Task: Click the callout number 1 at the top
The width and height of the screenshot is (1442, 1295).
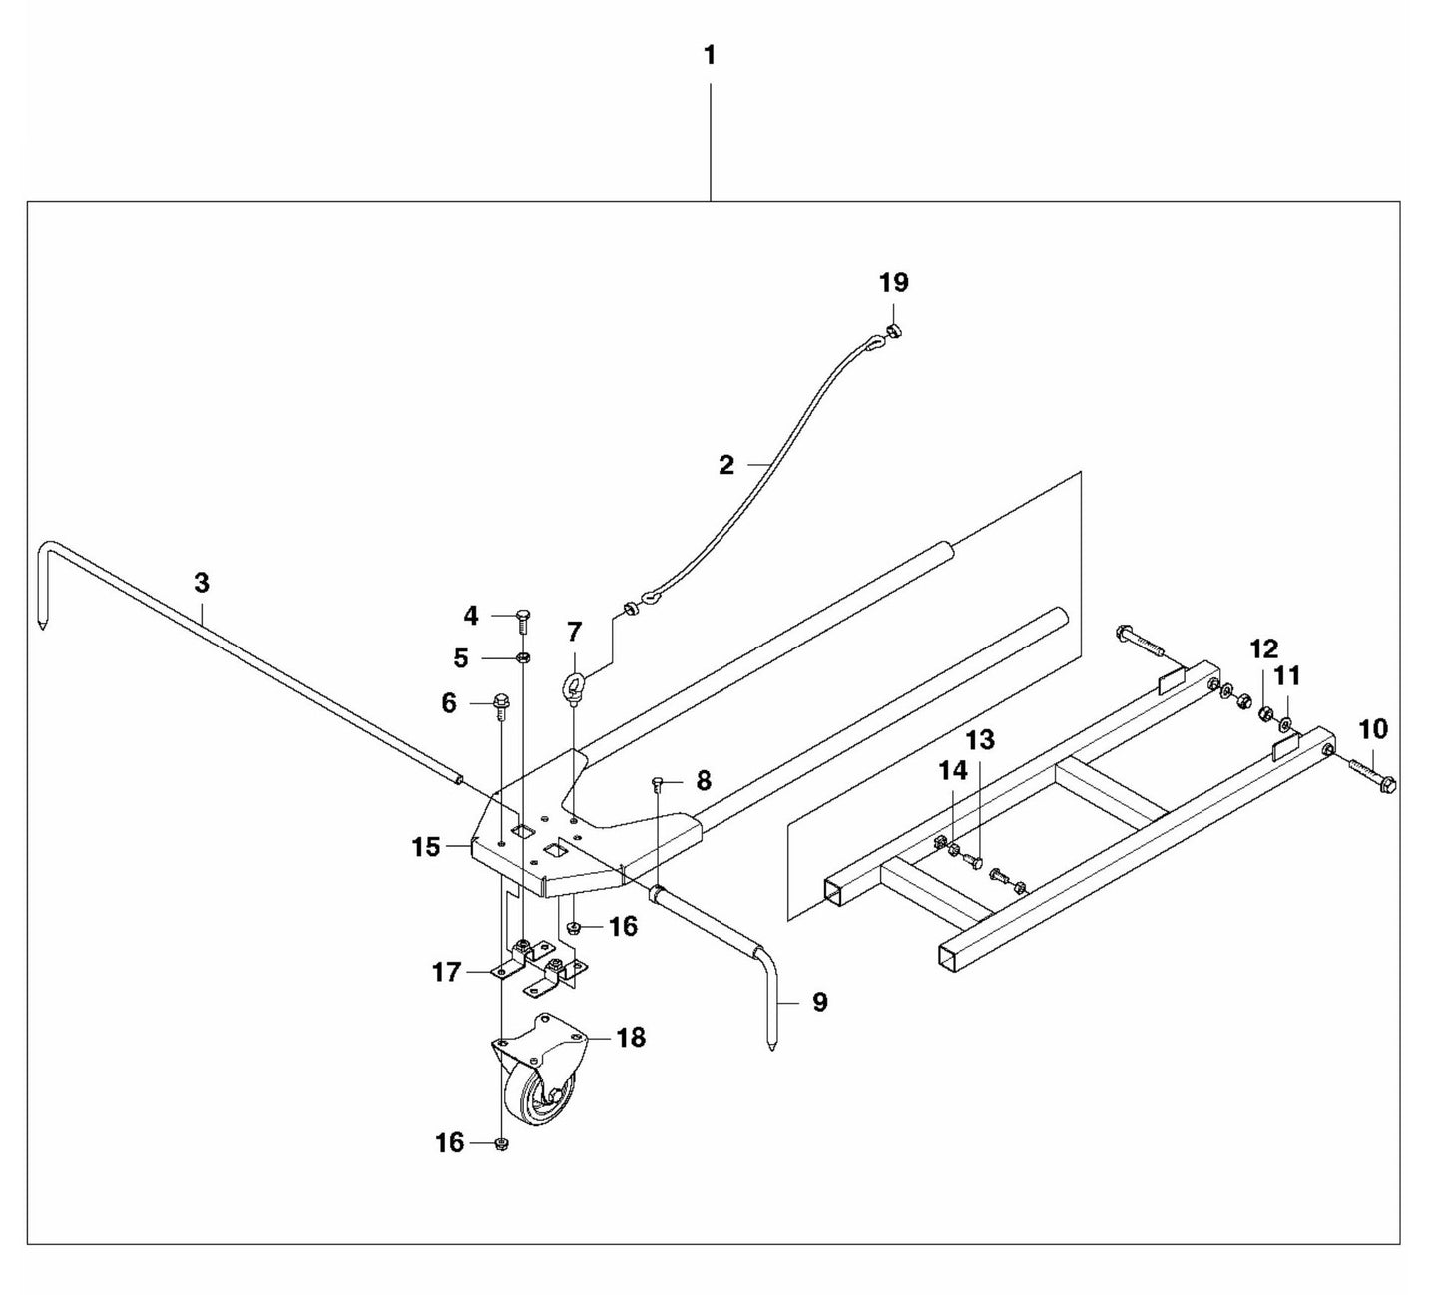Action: pos(710,55)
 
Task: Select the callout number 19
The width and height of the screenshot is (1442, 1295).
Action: pos(893,282)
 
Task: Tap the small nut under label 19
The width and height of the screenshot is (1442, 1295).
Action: pos(894,331)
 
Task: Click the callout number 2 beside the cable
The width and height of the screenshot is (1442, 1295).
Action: pos(726,464)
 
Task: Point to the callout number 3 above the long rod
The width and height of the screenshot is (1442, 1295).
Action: pos(202,582)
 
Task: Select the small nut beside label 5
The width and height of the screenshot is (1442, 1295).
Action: pos(523,658)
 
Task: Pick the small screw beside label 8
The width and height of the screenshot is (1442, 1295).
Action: pos(658,783)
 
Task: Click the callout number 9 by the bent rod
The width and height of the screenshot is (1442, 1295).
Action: pos(819,1002)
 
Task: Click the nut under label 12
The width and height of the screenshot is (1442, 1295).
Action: pos(1264,713)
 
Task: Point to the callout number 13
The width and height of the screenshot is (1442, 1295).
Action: pos(980,740)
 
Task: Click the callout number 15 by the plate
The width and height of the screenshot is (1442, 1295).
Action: pos(426,847)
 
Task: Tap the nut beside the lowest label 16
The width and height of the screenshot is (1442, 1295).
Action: pos(501,1144)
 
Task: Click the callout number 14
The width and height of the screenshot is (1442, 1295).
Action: pos(953,770)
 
